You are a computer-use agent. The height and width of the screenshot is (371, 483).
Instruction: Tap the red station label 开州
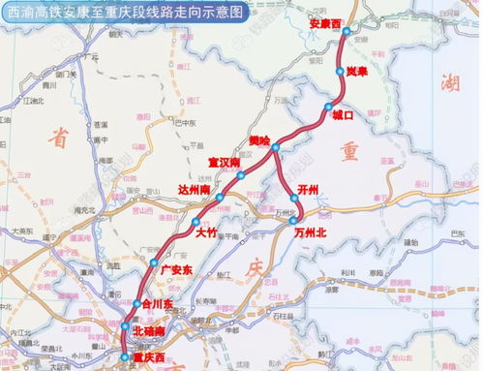click(309, 191)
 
